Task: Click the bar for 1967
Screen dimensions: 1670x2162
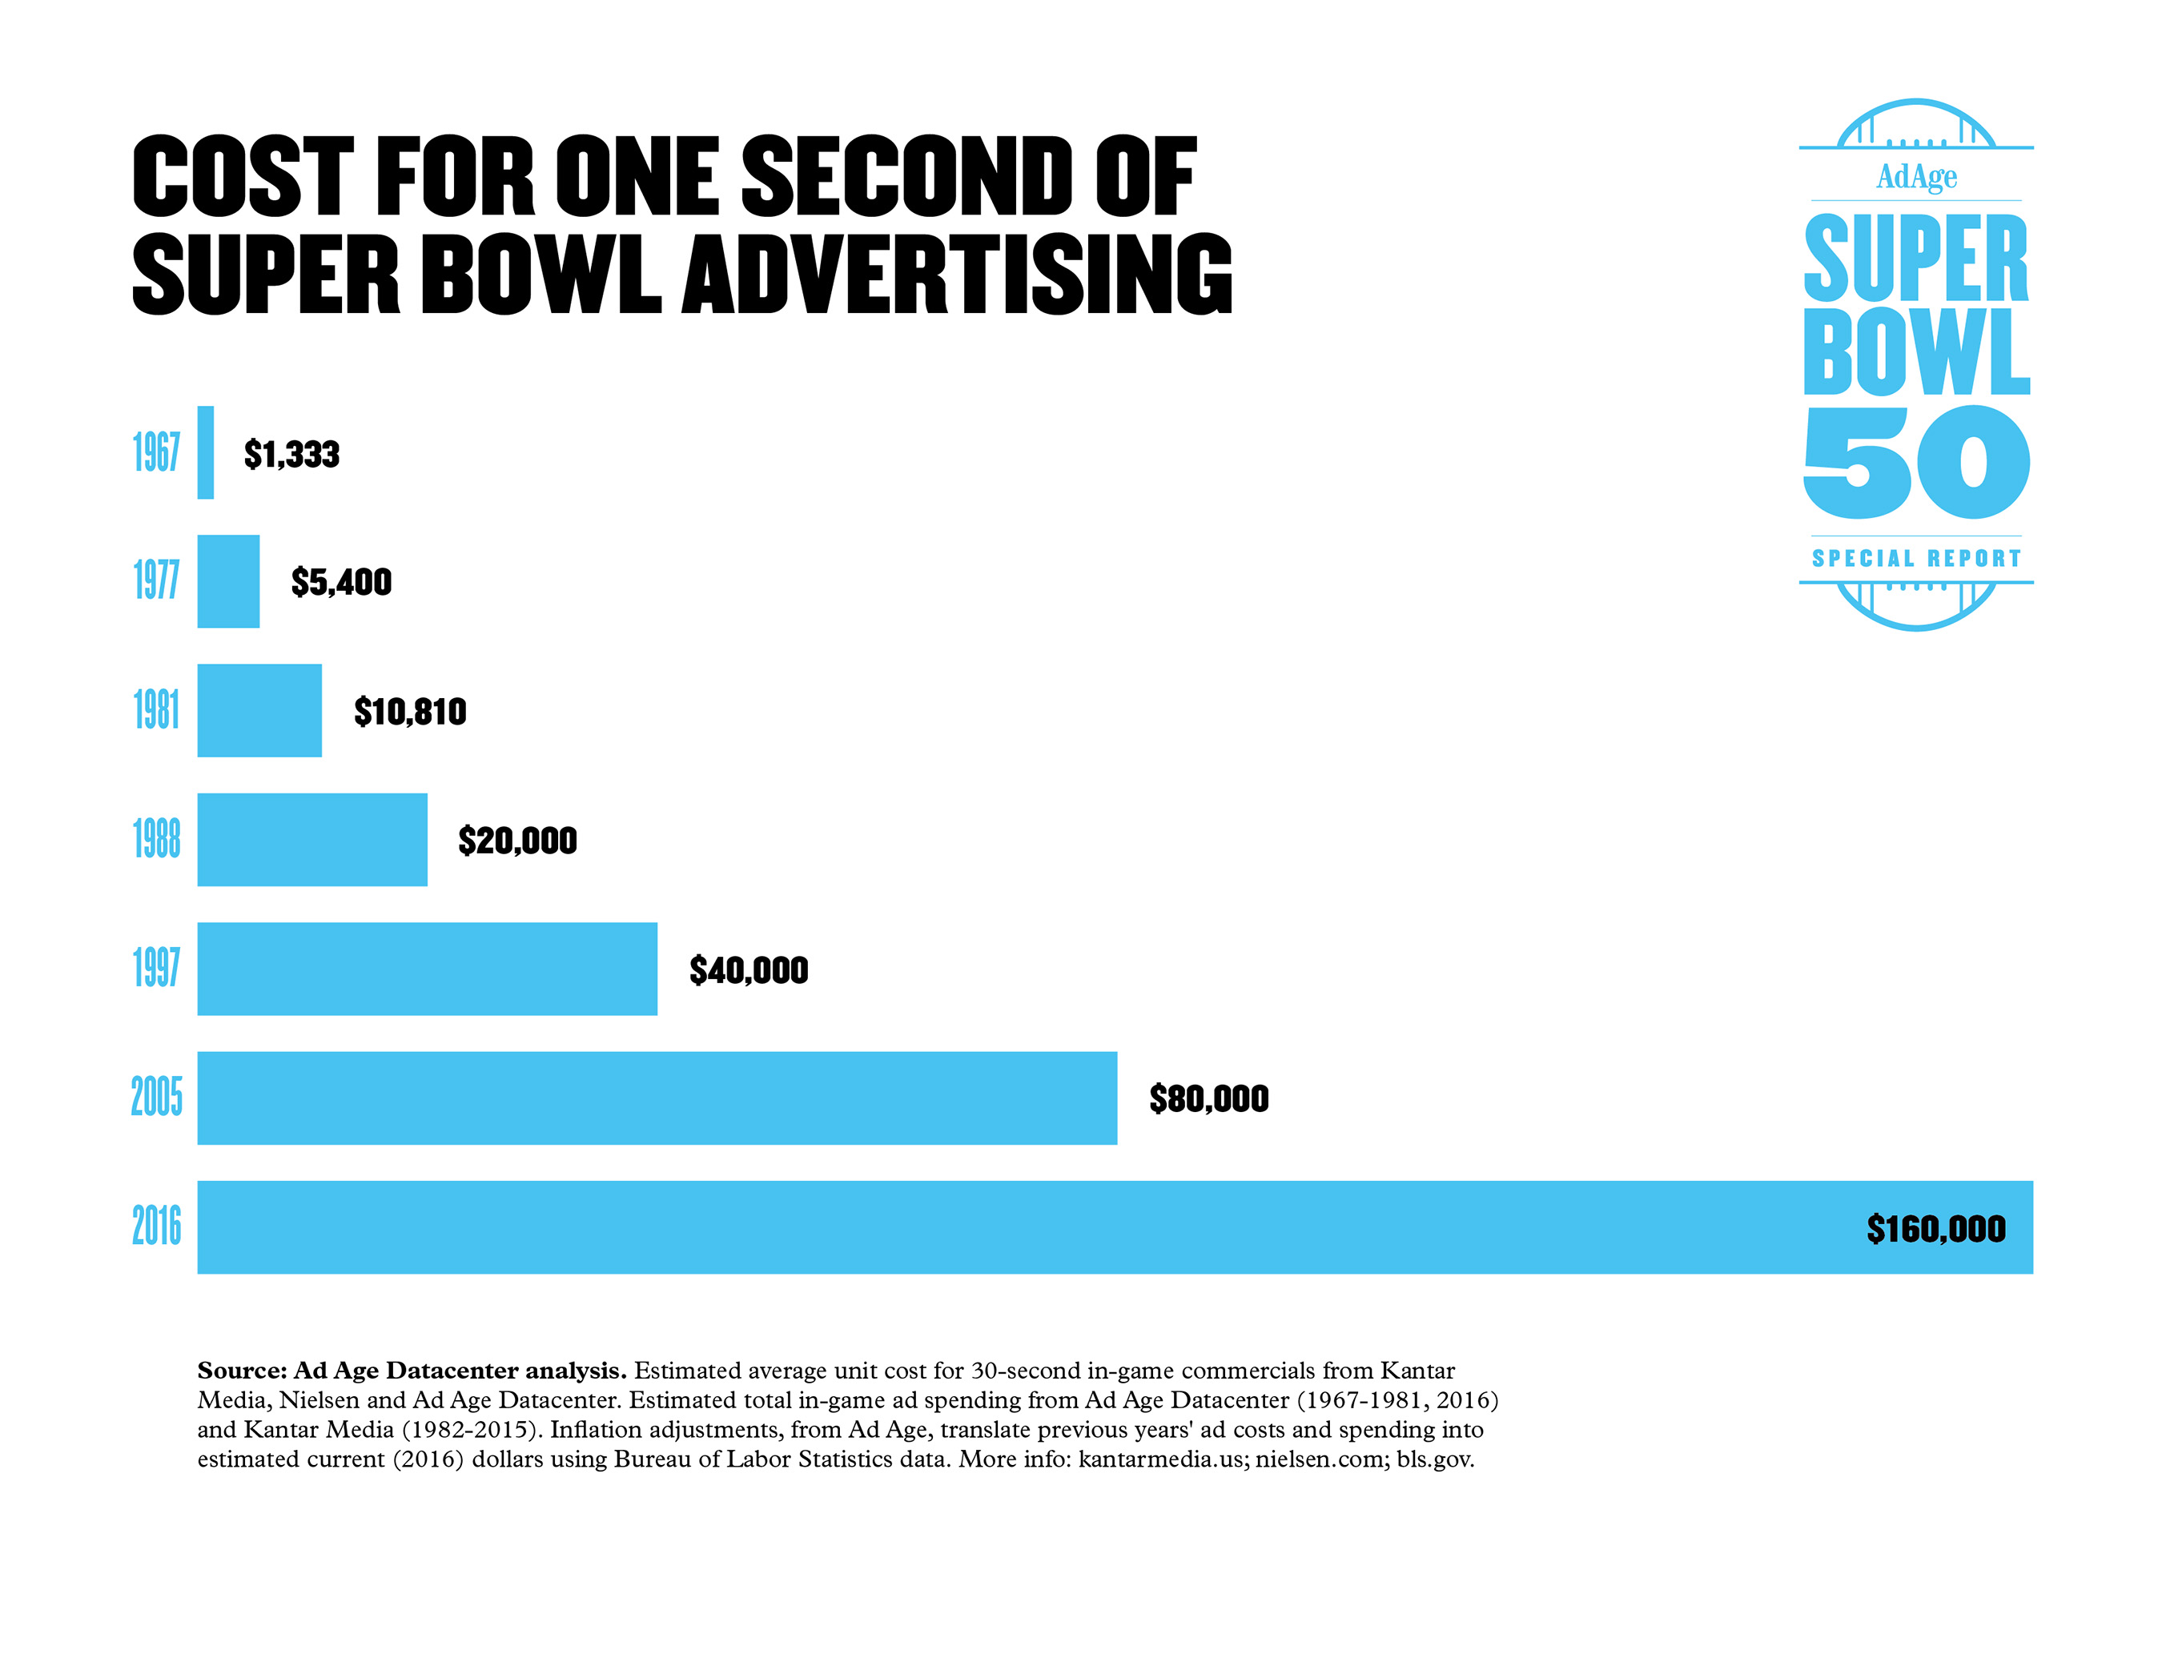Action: pos(205,452)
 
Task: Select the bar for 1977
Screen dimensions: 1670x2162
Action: pos(229,581)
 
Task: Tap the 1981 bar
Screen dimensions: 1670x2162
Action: pos(259,710)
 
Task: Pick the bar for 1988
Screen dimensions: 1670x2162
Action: pos(311,840)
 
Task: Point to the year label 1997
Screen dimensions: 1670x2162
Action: pos(156,968)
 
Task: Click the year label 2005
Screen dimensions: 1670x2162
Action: pos(156,1097)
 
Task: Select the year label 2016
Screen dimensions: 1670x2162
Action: pos(156,1226)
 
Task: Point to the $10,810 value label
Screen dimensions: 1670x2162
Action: pos(410,712)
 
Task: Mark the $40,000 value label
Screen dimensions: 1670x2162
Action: pos(749,970)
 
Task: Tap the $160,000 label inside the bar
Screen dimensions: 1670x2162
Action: pos(1935,1229)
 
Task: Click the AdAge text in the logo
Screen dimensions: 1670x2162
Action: pos(1916,176)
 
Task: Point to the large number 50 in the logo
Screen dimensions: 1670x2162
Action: pos(1916,462)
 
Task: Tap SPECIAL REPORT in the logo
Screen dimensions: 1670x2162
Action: pos(1916,558)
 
